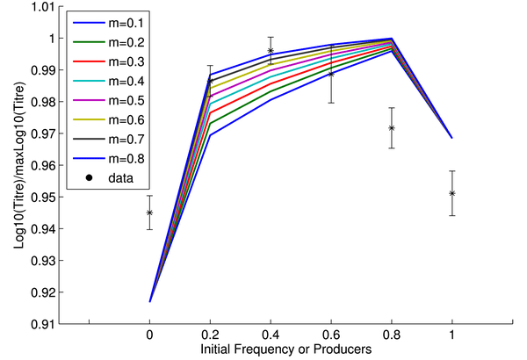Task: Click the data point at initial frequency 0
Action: [149, 212]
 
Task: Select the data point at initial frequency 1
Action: [451, 193]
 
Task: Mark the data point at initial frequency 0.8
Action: [392, 128]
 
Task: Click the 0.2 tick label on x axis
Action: [210, 336]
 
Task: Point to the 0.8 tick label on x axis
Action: [391, 336]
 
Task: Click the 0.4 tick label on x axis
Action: [271, 336]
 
